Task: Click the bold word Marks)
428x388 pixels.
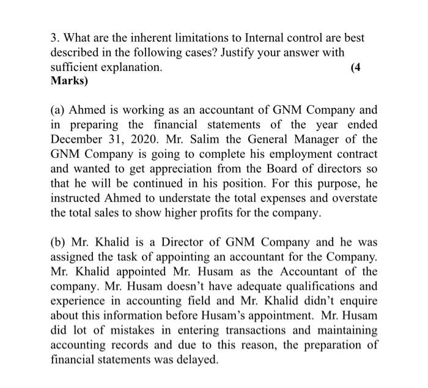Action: coord(70,81)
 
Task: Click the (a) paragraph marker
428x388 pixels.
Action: coord(59,110)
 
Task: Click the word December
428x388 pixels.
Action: coord(78,140)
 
